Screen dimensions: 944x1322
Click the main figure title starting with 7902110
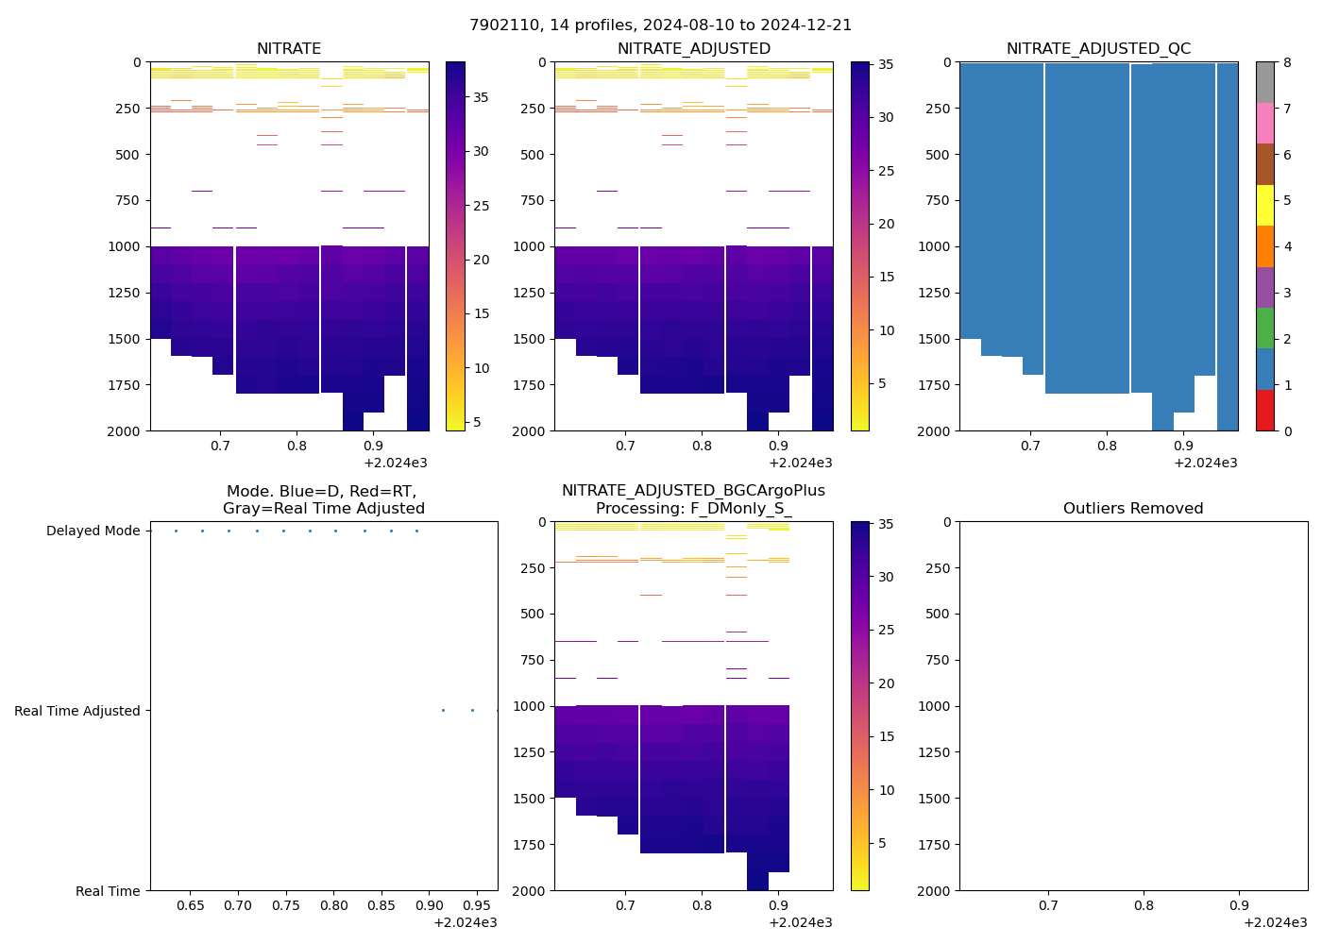(x=660, y=25)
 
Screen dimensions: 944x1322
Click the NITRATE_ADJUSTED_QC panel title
(x=1098, y=49)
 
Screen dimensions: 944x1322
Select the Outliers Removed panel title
(x=1132, y=509)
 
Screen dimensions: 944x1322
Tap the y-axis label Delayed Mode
(x=93, y=531)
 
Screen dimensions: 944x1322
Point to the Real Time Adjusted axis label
(x=76, y=711)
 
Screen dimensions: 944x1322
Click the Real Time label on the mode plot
(x=108, y=891)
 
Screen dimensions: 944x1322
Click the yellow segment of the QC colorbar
(x=1264, y=205)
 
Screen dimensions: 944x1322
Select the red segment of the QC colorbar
(x=1264, y=410)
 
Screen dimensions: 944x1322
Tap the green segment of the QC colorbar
(x=1264, y=328)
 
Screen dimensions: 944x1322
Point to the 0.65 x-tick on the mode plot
(x=190, y=906)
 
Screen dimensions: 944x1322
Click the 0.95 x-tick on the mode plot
(x=477, y=906)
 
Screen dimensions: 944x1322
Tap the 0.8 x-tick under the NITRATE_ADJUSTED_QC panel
(x=1107, y=446)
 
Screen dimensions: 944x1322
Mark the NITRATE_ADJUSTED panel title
(x=693, y=49)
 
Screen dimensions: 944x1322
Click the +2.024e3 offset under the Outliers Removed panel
(x=1275, y=922)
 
